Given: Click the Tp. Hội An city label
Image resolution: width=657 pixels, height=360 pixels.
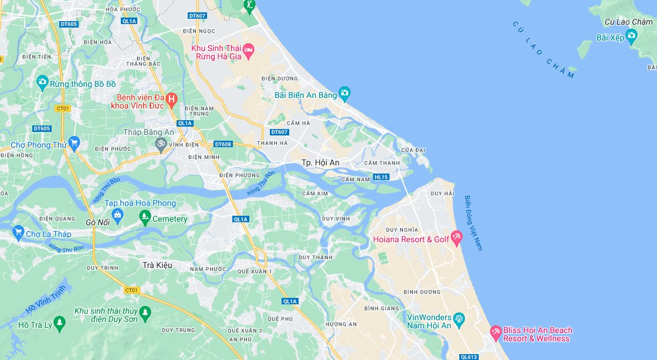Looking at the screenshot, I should click(320, 162).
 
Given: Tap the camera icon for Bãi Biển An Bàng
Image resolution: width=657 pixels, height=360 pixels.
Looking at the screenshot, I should click(344, 93).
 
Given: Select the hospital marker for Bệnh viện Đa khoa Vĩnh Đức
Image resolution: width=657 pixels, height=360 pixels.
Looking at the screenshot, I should click(171, 99).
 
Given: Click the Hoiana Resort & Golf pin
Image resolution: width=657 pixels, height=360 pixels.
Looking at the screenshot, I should click(456, 237).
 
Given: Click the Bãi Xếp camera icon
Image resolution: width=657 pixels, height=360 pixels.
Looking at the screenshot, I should click(631, 37).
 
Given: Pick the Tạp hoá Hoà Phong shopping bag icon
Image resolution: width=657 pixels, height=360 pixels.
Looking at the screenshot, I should click(117, 215).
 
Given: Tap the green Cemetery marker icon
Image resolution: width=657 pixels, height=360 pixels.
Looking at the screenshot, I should click(145, 218).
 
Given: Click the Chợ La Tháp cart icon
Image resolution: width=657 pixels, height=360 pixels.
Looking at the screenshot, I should click(18, 233).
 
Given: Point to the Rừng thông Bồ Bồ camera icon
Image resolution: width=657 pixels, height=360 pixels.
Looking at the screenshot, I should click(42, 82).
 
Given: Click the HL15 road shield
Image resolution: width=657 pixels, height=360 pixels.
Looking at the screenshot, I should click(381, 176).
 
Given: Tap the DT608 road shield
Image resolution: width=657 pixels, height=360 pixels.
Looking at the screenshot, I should click(223, 144).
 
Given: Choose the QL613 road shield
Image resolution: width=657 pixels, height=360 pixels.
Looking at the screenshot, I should click(469, 356).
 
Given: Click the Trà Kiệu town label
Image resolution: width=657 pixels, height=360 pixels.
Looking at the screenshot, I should click(157, 265).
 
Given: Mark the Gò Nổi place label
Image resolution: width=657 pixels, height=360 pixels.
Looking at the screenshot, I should click(98, 223).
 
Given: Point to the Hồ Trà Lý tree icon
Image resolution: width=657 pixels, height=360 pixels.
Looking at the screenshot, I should click(59, 323).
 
